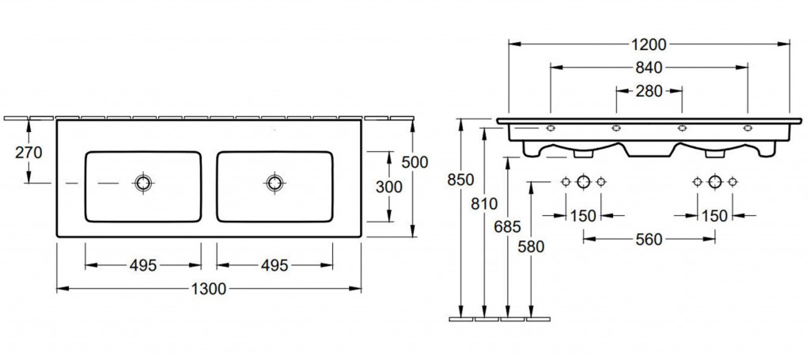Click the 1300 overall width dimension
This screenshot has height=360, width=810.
pyautogui.click(x=209, y=290)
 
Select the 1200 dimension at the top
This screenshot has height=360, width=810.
pyautogui.click(x=649, y=45)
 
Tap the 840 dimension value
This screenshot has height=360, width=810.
pyautogui.click(x=649, y=68)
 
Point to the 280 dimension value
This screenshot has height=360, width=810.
pyautogui.click(x=649, y=92)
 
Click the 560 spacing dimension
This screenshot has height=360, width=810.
pyautogui.click(x=649, y=240)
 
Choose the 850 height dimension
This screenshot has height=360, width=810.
pyautogui.click(x=461, y=180)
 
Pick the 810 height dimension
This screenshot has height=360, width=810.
pyautogui.click(x=484, y=204)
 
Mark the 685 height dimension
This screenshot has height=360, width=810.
pyautogui.click(x=508, y=226)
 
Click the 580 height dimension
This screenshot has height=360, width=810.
pyautogui.click(x=531, y=248)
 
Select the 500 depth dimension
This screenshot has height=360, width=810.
pyautogui.click(x=415, y=162)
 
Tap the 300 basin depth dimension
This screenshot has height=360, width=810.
pyautogui.click(x=389, y=187)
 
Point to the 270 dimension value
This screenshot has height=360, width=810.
pyautogui.click(x=28, y=153)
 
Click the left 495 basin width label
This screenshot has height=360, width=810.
pyautogui.click(x=143, y=266)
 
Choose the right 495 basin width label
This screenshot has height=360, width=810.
pyautogui.click(x=274, y=266)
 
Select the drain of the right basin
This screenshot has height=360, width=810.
pyautogui.click(x=274, y=182)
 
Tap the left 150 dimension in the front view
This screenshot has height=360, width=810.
pyautogui.click(x=583, y=216)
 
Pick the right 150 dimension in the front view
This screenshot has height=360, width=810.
pyautogui.click(x=715, y=216)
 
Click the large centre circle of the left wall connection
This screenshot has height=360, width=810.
pyautogui.click(x=583, y=181)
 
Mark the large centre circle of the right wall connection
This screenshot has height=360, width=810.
pyautogui.click(x=715, y=181)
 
